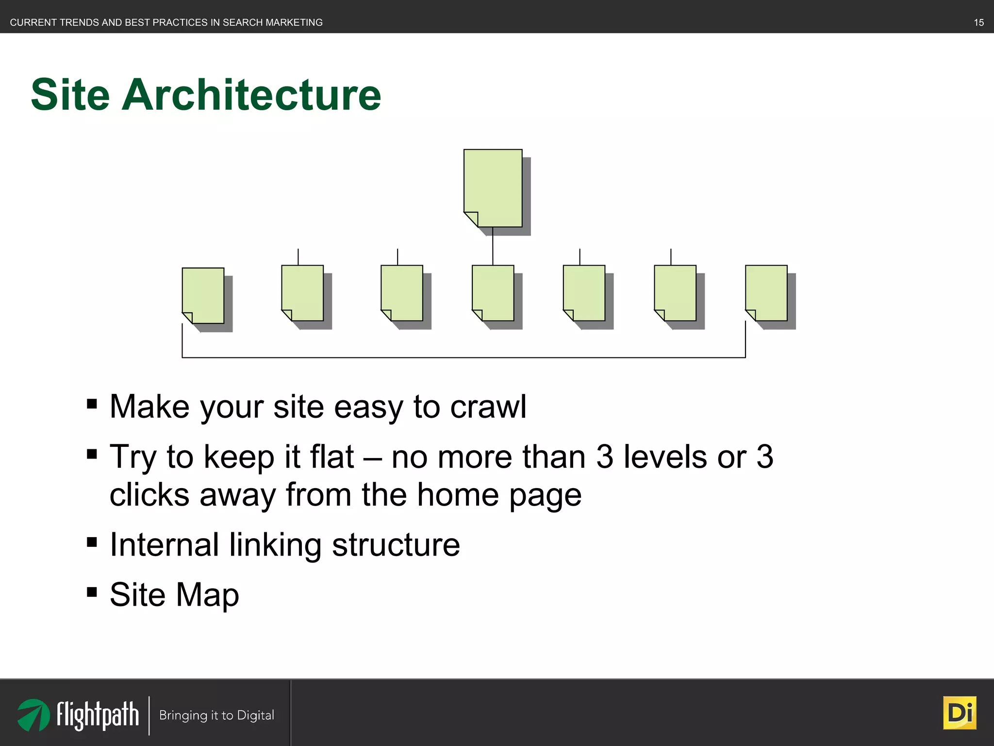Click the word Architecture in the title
tap(251, 95)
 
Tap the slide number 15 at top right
tap(978, 22)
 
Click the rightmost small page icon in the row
tap(766, 292)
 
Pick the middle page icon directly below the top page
tap(493, 292)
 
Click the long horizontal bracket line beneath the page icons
tap(464, 357)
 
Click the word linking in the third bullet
tap(275, 544)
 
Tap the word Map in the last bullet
tap(207, 594)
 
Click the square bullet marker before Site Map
tap(92, 592)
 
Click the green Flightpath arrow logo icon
tap(33, 714)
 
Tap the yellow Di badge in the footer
tap(960, 713)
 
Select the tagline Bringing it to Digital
tap(216, 715)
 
